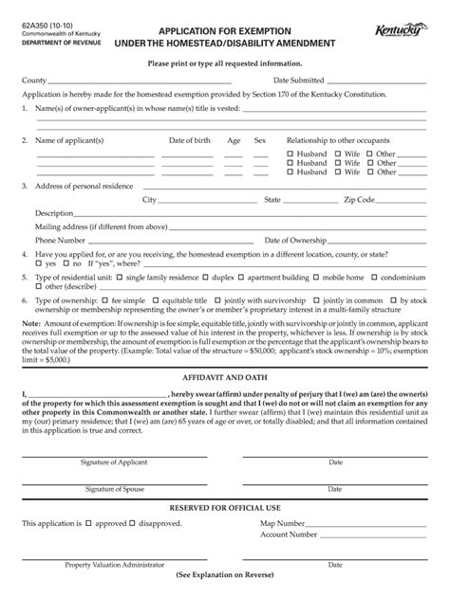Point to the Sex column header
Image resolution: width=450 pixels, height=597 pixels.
click(x=260, y=140)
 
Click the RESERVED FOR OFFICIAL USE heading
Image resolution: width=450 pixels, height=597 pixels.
click(x=224, y=508)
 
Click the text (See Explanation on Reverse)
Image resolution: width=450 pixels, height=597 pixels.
click(x=224, y=576)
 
